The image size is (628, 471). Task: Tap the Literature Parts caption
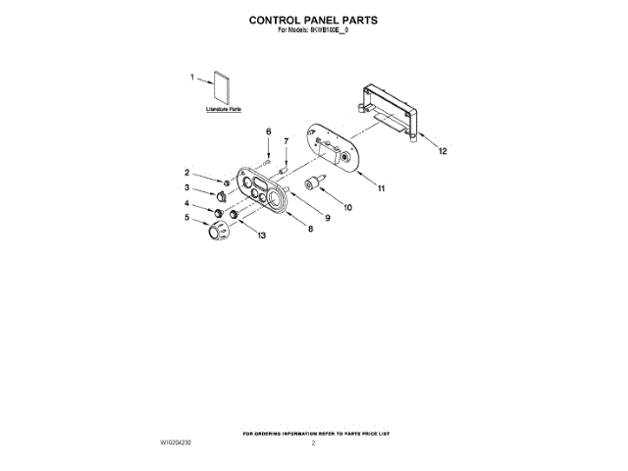[224, 110]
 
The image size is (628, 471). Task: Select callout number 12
[443, 151]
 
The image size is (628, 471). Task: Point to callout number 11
[382, 187]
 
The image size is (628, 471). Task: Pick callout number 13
[261, 235]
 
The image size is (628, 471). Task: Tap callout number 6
[268, 131]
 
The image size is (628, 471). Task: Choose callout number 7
[286, 141]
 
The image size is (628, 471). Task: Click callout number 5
[187, 219]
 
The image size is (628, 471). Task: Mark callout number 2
[187, 172]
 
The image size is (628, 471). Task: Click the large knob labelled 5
[215, 231]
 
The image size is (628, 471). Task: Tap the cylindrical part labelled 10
[315, 184]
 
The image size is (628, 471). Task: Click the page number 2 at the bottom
[313, 444]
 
